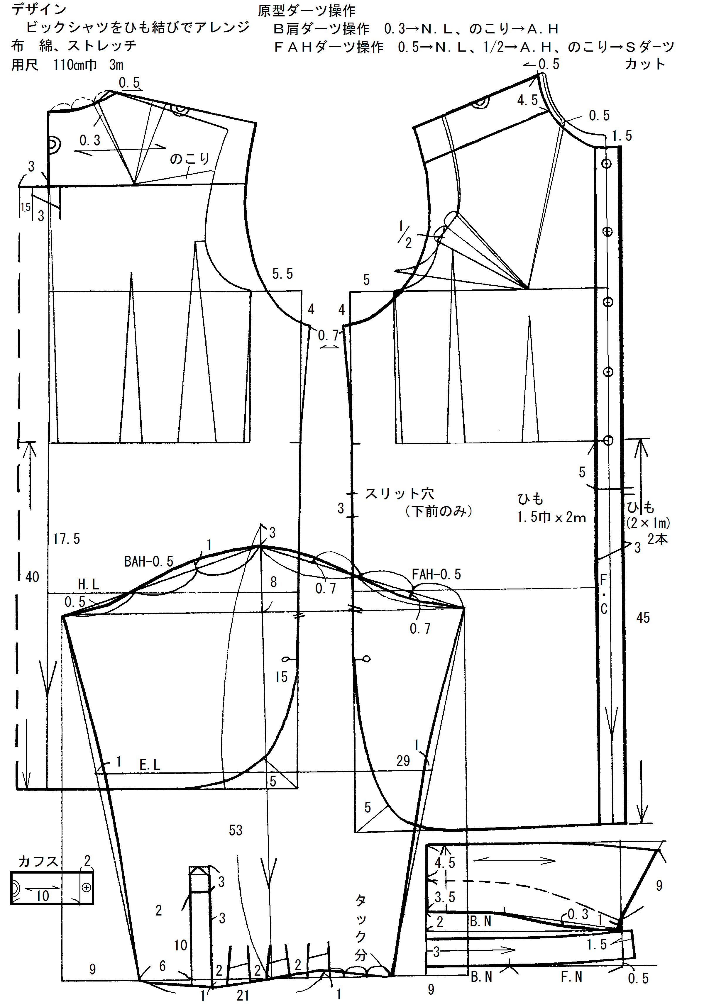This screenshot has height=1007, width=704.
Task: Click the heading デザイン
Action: coord(39,9)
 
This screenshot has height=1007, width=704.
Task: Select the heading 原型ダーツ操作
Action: coord(306,10)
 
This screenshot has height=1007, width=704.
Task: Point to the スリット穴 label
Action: coord(399,494)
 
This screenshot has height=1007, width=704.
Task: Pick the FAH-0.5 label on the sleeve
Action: coord(436,574)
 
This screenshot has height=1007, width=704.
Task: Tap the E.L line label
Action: coord(150,765)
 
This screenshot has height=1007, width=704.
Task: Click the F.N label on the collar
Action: coord(571,977)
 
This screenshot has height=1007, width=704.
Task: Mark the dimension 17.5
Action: coord(66,539)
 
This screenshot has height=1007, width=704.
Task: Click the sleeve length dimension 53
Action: coord(236,830)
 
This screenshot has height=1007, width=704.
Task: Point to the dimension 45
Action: coord(643,618)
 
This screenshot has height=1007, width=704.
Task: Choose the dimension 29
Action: coord(403,761)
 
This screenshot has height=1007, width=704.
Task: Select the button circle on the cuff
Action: coord(87,888)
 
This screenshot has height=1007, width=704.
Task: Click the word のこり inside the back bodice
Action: coord(189,158)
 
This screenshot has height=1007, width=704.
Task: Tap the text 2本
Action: coord(657,539)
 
